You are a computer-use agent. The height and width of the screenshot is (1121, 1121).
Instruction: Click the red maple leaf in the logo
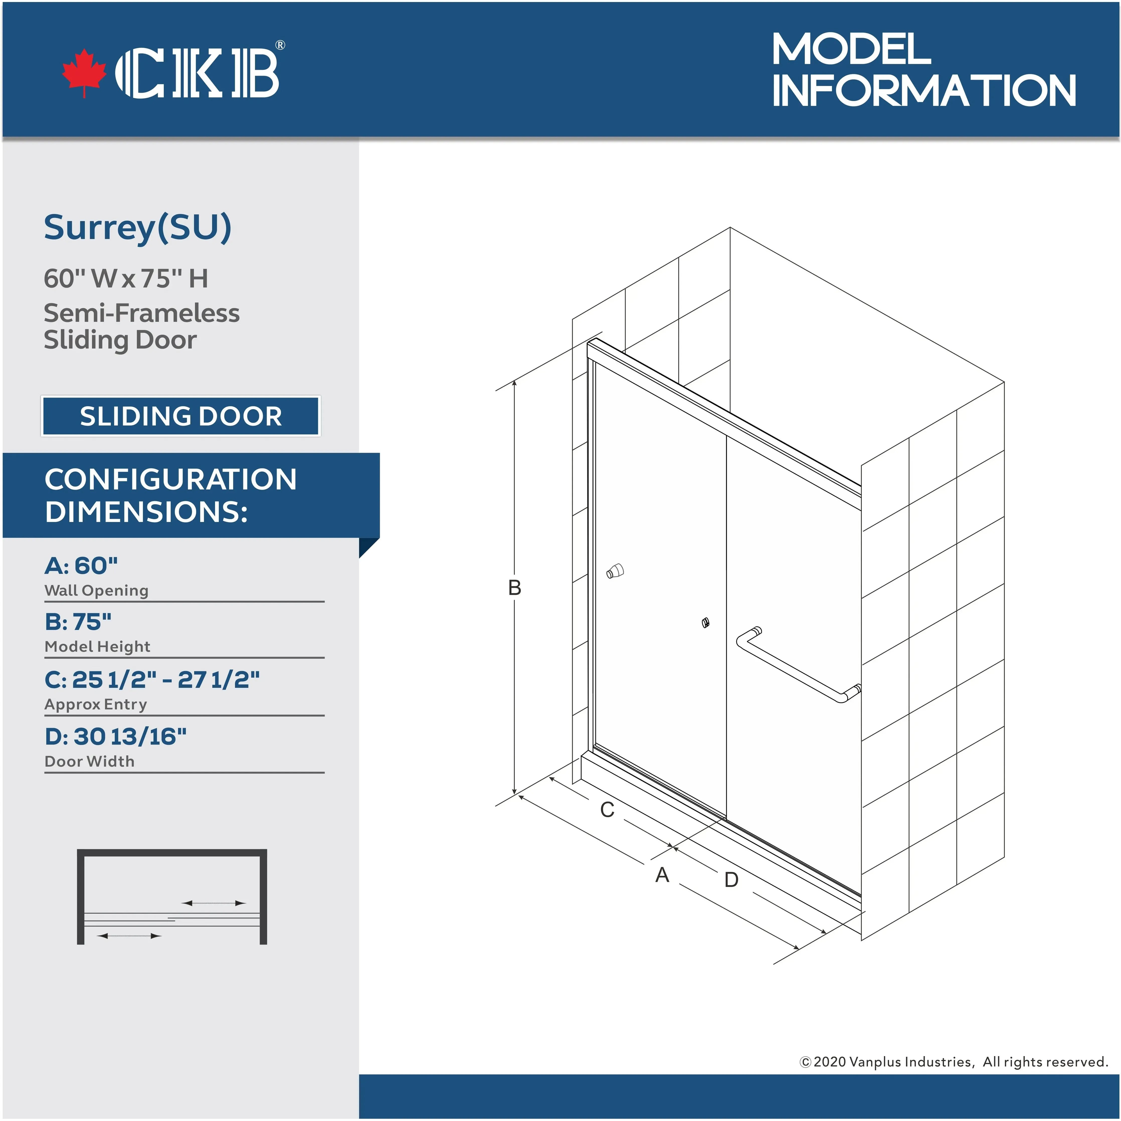click(84, 72)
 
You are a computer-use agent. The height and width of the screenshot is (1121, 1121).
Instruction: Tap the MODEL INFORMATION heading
click(924, 70)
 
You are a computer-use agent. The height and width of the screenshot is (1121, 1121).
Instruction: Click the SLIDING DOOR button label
click(180, 416)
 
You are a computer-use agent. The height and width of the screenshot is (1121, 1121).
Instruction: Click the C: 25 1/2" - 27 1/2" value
click(152, 680)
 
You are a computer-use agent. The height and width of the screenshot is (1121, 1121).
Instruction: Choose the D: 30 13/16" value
click(116, 736)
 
